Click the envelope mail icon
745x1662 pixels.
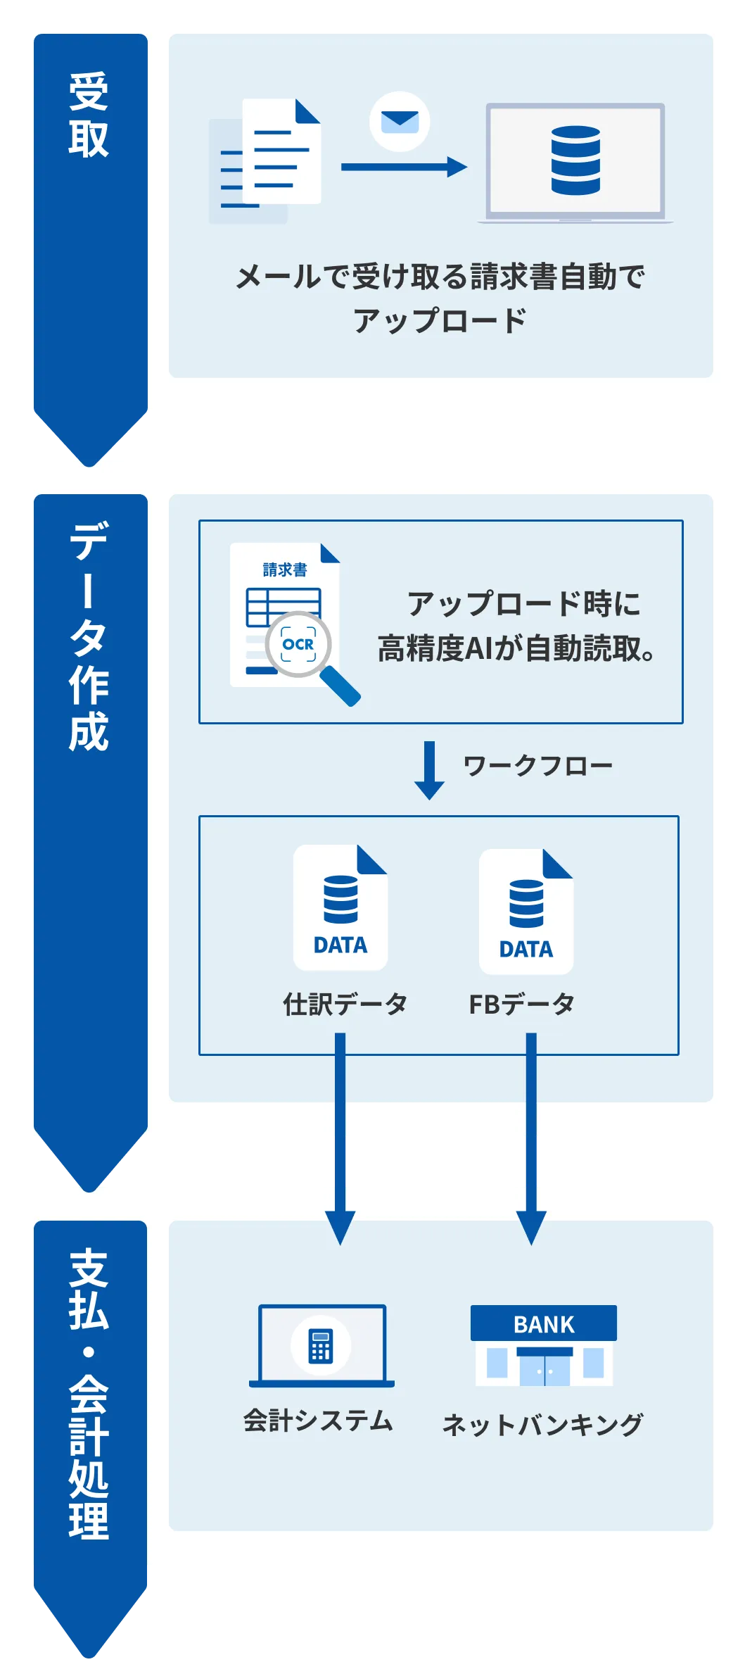tap(400, 122)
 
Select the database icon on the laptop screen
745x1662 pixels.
tap(575, 160)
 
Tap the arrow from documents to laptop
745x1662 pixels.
tap(403, 167)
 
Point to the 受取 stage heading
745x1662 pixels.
tap(89, 114)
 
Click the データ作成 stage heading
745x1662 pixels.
tap(89, 636)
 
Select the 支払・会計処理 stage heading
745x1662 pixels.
tap(89, 1394)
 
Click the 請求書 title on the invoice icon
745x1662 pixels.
tap(285, 569)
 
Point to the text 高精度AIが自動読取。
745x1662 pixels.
tap(516, 648)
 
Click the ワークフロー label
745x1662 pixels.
tap(538, 766)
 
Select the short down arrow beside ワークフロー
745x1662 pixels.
tap(429, 769)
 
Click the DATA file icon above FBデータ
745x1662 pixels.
tap(526, 911)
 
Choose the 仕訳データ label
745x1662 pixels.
tap(345, 1004)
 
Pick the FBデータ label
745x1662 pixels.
tap(522, 1005)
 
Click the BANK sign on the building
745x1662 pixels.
tap(544, 1324)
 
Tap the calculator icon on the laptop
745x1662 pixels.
tap(321, 1345)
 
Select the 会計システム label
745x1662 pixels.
tap(318, 1421)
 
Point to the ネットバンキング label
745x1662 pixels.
tap(542, 1425)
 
